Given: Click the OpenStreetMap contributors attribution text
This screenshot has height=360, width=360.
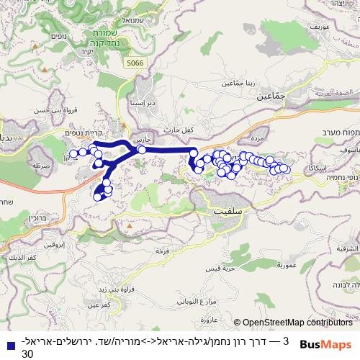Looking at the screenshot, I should click(293, 323).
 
